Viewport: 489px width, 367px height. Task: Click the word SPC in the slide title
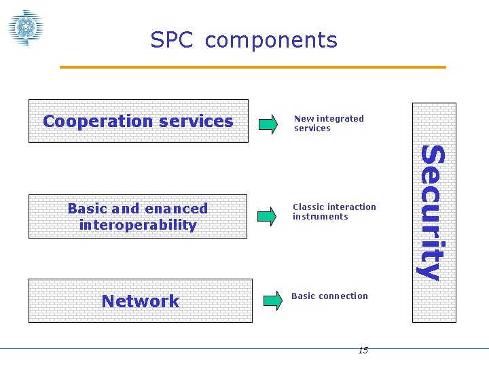[x=173, y=40]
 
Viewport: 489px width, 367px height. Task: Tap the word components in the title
[x=270, y=41]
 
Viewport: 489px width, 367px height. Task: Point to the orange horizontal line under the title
[x=253, y=67]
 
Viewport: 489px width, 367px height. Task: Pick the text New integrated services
[x=328, y=123]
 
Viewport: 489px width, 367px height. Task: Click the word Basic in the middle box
[x=84, y=209]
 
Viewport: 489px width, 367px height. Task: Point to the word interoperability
[x=138, y=225]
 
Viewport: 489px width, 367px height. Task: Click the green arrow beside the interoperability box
[x=268, y=215]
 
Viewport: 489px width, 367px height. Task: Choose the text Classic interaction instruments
[x=333, y=211]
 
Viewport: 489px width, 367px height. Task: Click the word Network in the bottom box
[x=140, y=301]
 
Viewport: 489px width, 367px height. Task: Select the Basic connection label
[x=329, y=296]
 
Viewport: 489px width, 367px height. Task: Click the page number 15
[x=363, y=350]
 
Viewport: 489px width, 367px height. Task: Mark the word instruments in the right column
[x=320, y=217]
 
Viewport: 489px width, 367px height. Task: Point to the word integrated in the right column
[x=338, y=118]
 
